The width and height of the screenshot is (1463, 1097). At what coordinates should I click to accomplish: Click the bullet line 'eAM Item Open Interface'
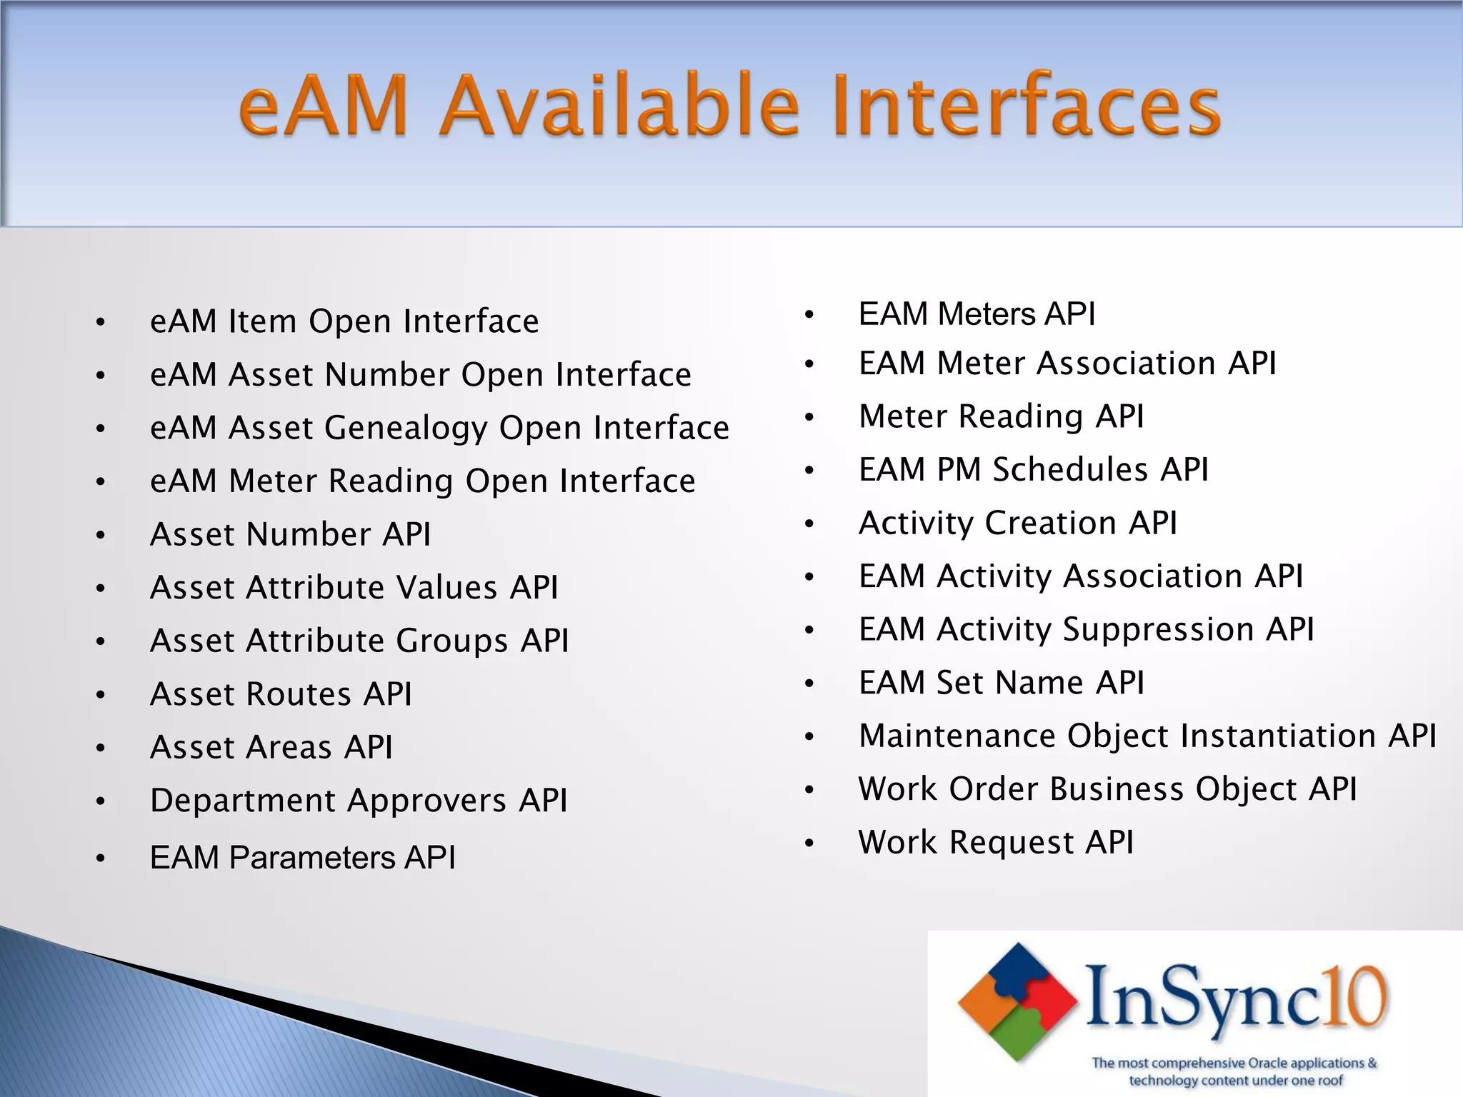[x=344, y=321]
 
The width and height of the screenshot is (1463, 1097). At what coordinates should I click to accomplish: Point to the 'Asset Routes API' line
[x=281, y=694]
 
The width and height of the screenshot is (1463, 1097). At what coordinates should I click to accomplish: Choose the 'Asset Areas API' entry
[x=271, y=748]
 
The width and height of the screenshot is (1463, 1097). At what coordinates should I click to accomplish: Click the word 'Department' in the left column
[x=242, y=801]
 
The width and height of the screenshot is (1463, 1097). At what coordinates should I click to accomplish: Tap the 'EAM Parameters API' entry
[x=302, y=857]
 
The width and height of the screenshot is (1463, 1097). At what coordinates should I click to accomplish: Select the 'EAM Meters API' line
[x=977, y=314]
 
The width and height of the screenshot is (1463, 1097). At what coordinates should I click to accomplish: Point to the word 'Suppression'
[x=1158, y=630]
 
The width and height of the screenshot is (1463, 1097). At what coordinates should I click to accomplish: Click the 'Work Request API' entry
[x=996, y=843]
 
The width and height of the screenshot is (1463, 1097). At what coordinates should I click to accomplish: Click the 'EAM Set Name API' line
[x=1001, y=683]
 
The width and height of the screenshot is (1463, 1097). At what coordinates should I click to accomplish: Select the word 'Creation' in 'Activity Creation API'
[x=1051, y=523]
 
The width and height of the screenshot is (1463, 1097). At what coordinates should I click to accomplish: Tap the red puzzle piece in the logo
[x=1053, y=1000]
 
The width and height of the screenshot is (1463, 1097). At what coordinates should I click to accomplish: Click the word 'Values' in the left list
[x=446, y=588]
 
